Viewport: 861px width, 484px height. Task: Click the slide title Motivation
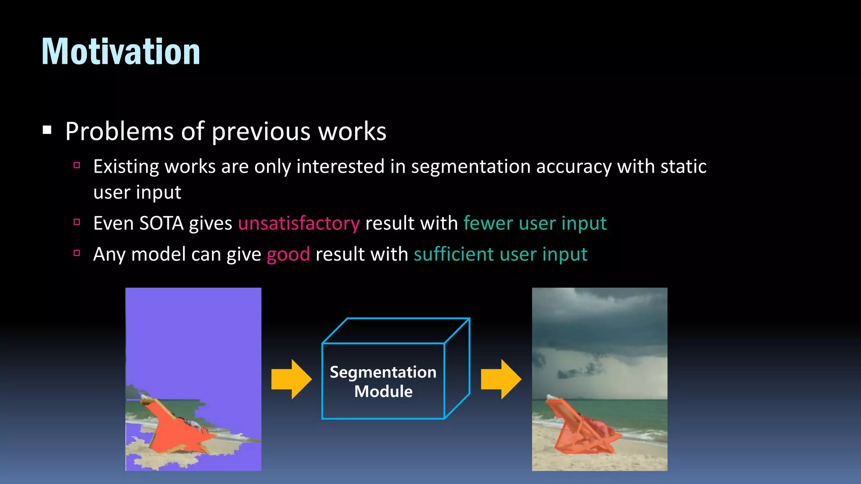click(x=121, y=52)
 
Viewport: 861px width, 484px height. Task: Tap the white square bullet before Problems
click(x=47, y=130)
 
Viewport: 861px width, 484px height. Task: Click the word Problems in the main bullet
click(x=119, y=132)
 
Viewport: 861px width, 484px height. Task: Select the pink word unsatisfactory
click(x=298, y=224)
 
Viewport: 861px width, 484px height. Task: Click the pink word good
click(x=288, y=255)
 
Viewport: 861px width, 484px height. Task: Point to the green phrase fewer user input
click(x=535, y=224)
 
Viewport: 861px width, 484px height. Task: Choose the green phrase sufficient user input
click(x=500, y=255)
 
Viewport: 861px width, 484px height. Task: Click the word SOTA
click(x=161, y=224)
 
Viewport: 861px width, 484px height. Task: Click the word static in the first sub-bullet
click(x=683, y=166)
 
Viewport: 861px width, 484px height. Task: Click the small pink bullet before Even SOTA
click(x=77, y=222)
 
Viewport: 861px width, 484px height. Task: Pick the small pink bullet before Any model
click(x=77, y=253)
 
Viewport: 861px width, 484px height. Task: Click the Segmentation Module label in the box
click(x=383, y=381)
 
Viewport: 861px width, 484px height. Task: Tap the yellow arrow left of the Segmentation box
click(x=291, y=379)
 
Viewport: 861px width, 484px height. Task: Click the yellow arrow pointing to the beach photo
click(x=501, y=379)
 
